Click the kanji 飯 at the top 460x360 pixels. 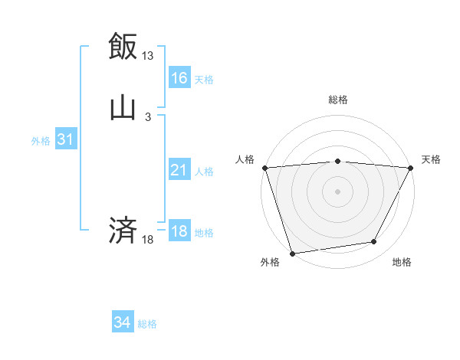point(123,46)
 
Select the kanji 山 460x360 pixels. point(123,107)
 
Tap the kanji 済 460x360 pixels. point(123,230)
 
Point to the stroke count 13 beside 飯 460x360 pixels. point(148,56)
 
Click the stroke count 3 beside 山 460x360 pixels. point(148,117)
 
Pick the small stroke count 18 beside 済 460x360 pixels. point(148,240)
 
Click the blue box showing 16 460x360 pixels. point(179,77)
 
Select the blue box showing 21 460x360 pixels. point(179,170)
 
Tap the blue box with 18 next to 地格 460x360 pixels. point(179,231)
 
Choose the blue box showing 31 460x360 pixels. point(65,139)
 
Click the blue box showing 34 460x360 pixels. point(122,322)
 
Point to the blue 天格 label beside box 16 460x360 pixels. point(204,79)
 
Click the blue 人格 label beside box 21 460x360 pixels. point(204,172)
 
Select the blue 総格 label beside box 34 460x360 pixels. point(147,324)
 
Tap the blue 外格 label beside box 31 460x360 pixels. point(41,141)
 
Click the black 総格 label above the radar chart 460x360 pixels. point(338,100)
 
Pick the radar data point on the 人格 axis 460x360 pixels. point(264,168)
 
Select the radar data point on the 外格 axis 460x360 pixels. point(292,253)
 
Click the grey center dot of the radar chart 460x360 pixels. point(338,191)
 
